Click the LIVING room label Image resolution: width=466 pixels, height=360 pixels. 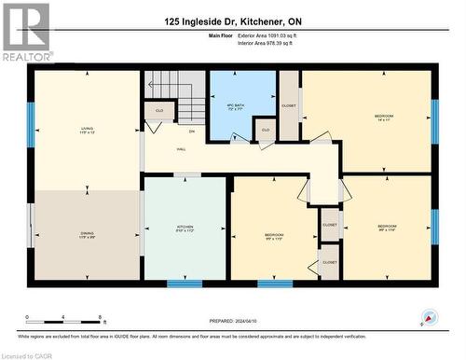(87, 132)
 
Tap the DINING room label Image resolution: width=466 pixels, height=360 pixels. (87, 235)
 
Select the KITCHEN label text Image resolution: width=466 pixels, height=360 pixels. (185, 229)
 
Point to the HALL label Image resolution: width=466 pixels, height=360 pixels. (180, 150)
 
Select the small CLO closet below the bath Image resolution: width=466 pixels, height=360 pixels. (266, 130)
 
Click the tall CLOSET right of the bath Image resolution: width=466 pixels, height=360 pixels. (289, 106)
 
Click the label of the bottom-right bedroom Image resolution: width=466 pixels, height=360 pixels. (387, 228)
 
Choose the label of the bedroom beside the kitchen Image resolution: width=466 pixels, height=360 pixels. (273, 236)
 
